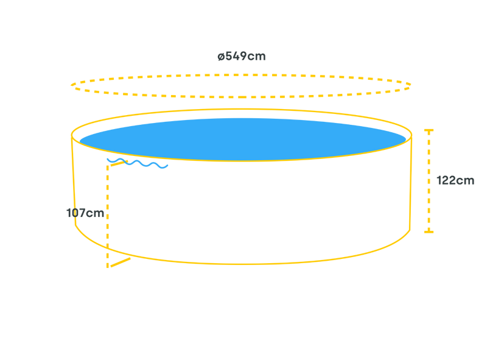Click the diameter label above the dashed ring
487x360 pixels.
coord(242,57)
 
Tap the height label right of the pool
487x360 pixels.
coord(456,180)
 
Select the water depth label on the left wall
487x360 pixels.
coord(85,213)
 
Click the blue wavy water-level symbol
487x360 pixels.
coord(137,163)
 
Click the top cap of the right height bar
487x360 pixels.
coord(429,130)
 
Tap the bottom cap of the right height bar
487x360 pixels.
coord(429,231)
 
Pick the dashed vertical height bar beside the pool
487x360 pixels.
coord(429,181)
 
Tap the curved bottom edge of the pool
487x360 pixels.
coord(243,263)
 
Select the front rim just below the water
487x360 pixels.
coord(243,161)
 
